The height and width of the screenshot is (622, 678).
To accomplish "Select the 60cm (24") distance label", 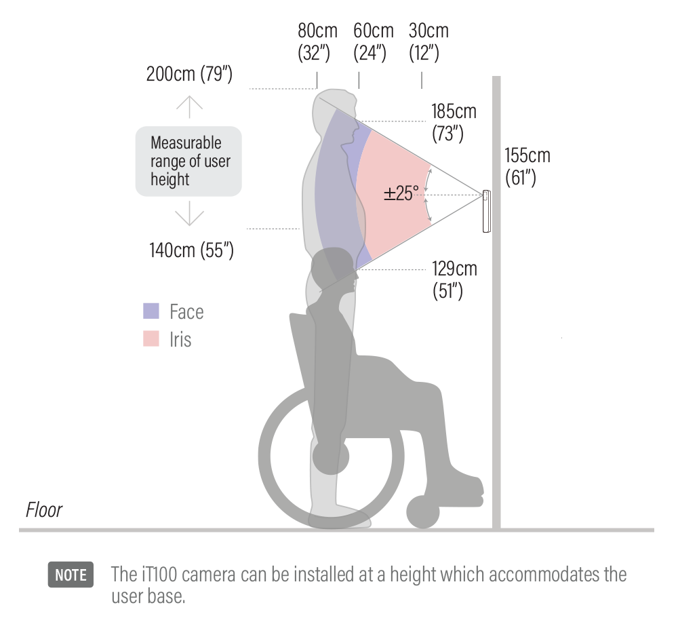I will click(372, 42).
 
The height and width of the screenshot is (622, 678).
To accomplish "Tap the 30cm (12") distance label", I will click(428, 42).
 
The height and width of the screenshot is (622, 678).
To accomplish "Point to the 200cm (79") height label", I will click(189, 74).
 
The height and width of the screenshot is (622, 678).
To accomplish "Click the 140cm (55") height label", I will click(191, 250).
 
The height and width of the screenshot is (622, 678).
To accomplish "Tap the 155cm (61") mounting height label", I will click(527, 166).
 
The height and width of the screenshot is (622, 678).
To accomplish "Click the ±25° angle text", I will click(401, 194).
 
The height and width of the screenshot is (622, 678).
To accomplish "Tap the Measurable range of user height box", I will click(188, 161).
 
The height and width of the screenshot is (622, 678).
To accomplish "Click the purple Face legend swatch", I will click(151, 311).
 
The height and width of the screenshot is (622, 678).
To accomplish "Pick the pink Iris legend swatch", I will click(151, 339).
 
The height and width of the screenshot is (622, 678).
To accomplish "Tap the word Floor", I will click(44, 510).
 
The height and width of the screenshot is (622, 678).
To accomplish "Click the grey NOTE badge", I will click(71, 575).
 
